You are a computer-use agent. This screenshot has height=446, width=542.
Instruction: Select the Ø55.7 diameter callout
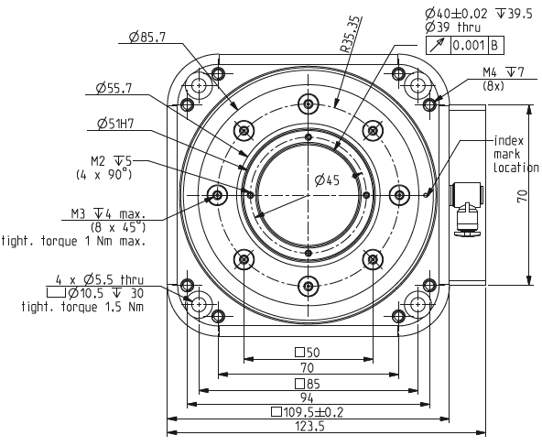tap(114, 89)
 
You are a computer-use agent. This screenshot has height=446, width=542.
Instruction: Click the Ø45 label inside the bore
tap(326, 181)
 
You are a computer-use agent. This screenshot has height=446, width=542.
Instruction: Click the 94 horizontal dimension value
tap(308, 397)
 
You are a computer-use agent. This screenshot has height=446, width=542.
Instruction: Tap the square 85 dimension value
tap(308, 383)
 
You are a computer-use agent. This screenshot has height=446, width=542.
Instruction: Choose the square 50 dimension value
tap(308, 353)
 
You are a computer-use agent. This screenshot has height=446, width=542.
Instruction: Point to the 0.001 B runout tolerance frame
tap(469, 43)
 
